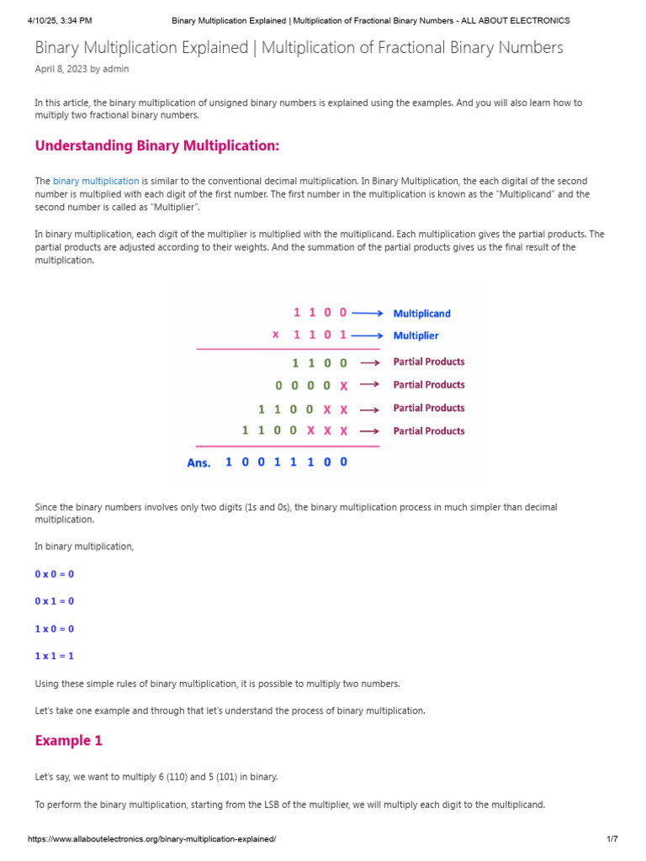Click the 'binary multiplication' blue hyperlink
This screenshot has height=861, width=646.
pyautogui.click(x=96, y=181)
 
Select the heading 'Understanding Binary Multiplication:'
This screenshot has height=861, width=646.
pyautogui.click(x=156, y=145)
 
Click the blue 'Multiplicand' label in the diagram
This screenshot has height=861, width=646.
pyautogui.click(x=421, y=314)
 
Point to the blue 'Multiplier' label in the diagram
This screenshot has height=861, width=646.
pyautogui.click(x=416, y=335)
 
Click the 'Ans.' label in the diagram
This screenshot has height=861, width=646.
pyautogui.click(x=199, y=462)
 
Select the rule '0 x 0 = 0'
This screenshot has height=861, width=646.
pyautogui.click(x=55, y=574)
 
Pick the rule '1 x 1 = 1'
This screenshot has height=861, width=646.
pyautogui.click(x=55, y=656)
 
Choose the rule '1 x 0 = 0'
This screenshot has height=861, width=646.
pyautogui.click(x=55, y=629)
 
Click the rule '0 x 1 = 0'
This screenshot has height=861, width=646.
pyautogui.click(x=55, y=601)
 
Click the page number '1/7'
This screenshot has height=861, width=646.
pyautogui.click(x=612, y=840)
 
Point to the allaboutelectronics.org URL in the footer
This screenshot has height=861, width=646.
pyautogui.click(x=151, y=840)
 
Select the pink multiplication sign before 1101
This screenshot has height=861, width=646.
pyautogui.click(x=276, y=335)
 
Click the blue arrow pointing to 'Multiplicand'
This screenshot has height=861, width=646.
pyautogui.click(x=368, y=313)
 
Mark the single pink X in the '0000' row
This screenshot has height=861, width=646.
pyautogui.click(x=343, y=386)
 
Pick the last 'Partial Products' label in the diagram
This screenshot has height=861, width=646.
pyautogui.click(x=429, y=430)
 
